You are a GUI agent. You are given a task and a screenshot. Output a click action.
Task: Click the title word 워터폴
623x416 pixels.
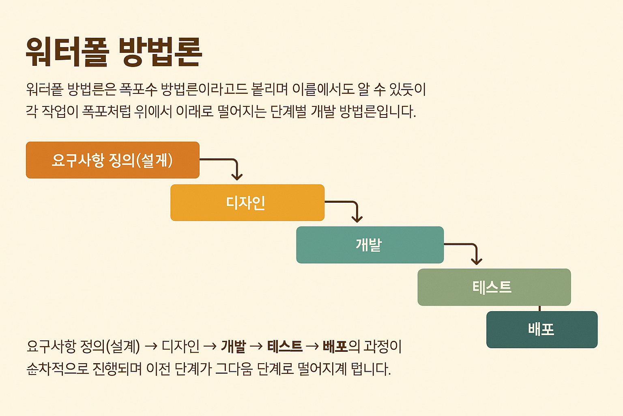click(67, 52)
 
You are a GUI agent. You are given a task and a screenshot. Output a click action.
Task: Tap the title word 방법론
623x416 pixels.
click(161, 52)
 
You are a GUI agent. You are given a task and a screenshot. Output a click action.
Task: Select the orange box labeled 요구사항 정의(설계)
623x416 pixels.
click(112, 160)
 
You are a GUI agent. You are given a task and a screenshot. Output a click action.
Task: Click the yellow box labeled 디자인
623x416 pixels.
click(247, 203)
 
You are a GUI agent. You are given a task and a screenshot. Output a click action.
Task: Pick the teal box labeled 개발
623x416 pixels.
click(370, 245)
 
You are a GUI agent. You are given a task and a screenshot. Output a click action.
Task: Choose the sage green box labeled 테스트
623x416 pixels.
click(494, 287)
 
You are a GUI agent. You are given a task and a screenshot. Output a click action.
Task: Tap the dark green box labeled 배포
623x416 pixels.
click(541, 329)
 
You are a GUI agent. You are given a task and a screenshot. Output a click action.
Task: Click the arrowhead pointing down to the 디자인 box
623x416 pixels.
click(237, 176)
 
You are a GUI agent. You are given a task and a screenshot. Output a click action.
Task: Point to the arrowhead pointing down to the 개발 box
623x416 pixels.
click(357, 219)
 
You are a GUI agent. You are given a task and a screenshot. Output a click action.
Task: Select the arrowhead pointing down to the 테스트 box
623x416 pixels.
click(477, 261)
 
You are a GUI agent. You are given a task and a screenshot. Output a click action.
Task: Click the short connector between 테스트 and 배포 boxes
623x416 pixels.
click(539, 308)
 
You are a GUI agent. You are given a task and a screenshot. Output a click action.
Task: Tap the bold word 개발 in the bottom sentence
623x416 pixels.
click(234, 347)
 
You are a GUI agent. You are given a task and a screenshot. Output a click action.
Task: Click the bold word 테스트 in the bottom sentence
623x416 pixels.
click(285, 347)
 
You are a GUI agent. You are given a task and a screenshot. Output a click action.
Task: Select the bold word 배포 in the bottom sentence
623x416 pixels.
click(335, 347)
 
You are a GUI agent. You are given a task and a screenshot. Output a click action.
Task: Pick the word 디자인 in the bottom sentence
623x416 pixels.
click(180, 347)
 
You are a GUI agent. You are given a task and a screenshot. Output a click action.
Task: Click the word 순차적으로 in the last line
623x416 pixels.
click(57, 369)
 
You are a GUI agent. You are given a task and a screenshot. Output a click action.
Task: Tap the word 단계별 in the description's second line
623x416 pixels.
click(288, 111)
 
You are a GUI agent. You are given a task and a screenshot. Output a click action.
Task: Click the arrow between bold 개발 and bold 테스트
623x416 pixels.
click(257, 347)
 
